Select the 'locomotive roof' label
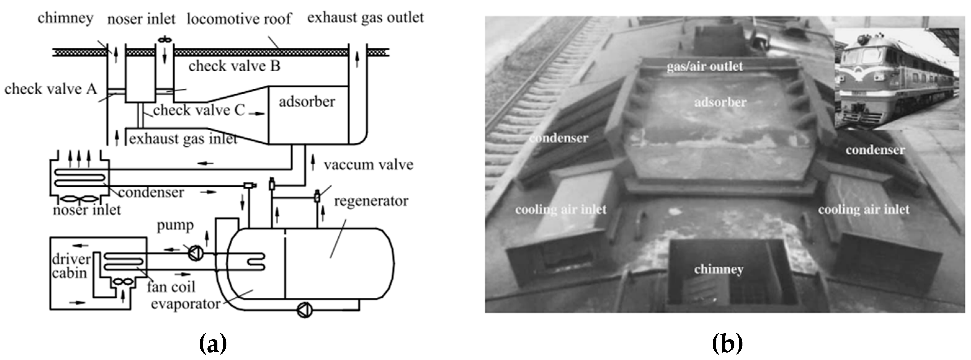239,19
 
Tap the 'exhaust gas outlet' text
365,17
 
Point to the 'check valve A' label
51,89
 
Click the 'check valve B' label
234,66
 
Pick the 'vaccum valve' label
368,165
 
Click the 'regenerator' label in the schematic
371,201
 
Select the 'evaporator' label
185,304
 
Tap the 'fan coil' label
171,287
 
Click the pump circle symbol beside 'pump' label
196,253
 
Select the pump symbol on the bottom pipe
305,310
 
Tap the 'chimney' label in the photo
719,269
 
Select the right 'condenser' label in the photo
875,150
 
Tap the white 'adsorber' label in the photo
720,102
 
